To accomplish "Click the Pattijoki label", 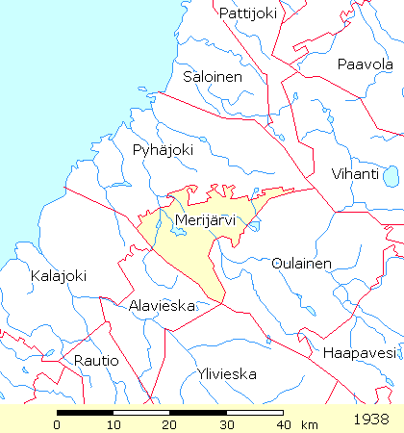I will [248, 13].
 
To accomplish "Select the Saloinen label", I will [213, 77].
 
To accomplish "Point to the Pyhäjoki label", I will [164, 150].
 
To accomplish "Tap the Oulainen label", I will [301, 263].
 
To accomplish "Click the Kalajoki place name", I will [59, 276].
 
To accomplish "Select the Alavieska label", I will [161, 305].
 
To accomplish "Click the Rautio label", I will [96, 360].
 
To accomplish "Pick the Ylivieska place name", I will [226, 372].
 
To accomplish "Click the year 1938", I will [371, 420].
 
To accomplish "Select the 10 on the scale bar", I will [114, 424].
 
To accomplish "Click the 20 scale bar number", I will [170, 424].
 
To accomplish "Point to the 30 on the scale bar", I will [226, 424].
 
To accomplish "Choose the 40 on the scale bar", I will [282, 424].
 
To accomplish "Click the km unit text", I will [309, 424].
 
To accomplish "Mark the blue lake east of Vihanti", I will [391, 175].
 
